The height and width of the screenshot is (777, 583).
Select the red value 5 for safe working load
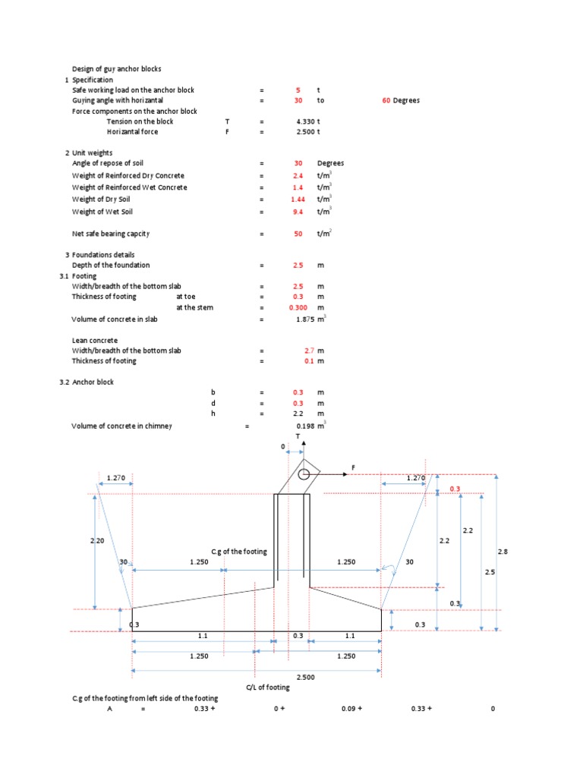[x=298, y=90]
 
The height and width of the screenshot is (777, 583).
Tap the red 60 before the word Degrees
[x=386, y=100]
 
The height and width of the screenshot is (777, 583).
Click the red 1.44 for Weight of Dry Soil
[x=298, y=200]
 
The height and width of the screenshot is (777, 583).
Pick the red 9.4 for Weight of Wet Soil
[x=298, y=212]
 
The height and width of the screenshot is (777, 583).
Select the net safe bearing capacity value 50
[x=298, y=234]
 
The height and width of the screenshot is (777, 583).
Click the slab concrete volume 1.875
[x=305, y=320]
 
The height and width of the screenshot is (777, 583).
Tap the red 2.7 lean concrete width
[x=309, y=351]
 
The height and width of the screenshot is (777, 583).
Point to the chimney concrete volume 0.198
[x=307, y=426]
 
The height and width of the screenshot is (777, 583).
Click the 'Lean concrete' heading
[x=95, y=341]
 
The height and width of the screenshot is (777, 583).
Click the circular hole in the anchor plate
[x=304, y=475]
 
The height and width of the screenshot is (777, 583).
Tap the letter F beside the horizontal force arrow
[x=353, y=467]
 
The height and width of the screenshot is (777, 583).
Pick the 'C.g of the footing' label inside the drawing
[x=239, y=552]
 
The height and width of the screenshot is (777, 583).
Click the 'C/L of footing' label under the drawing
[x=268, y=687]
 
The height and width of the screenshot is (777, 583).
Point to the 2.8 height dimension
[x=502, y=552]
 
